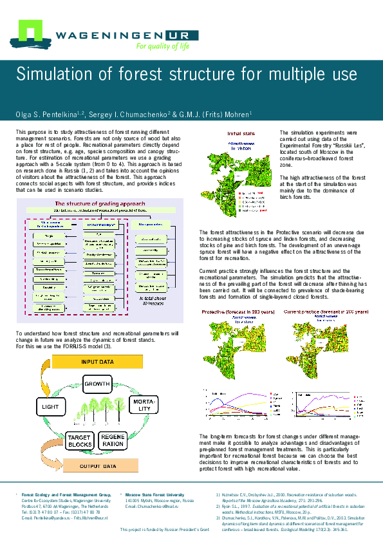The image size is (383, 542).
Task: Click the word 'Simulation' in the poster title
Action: click(x=55, y=74)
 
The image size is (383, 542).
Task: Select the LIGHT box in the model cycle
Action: click(x=50, y=408)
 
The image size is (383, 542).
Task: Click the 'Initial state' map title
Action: click(x=241, y=134)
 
